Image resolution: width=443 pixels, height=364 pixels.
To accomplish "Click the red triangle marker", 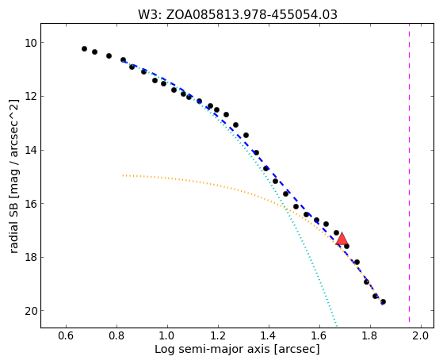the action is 342,239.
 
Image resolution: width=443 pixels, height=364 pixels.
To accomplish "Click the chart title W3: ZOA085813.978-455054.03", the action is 238,14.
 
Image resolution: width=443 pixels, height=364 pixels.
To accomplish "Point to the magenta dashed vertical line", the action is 409,175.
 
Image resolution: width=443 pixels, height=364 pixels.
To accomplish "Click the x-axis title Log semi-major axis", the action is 212,350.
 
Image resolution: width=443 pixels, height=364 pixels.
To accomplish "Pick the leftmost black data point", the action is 84,48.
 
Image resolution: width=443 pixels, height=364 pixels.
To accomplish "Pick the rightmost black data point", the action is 383,302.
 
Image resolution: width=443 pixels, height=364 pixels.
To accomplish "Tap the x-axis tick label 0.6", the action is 66,336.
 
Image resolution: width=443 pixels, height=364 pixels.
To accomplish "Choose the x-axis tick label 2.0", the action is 421,336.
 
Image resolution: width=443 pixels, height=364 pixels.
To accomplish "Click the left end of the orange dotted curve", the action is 123,175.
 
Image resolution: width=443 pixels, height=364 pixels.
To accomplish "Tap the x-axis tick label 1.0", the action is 167,336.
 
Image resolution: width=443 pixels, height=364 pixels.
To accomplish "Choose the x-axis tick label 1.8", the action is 370,336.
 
